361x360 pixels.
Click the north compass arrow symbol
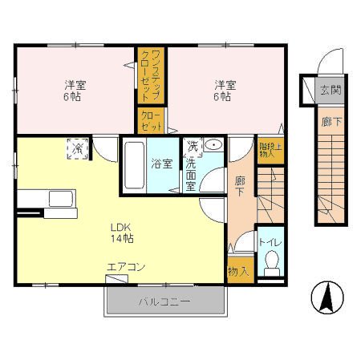point(327,297)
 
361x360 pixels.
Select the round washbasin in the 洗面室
point(213,145)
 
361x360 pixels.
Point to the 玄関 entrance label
point(331,90)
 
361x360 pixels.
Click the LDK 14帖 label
point(122,233)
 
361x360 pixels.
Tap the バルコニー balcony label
point(164,302)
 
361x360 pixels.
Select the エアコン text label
point(126,267)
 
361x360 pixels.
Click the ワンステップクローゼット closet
point(151,75)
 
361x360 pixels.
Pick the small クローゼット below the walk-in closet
point(152,120)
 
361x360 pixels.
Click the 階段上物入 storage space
point(270,150)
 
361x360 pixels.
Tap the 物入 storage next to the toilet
point(240,270)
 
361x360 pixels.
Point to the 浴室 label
point(162,164)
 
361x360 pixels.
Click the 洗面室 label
point(191,175)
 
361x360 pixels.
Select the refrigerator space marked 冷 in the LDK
point(78,148)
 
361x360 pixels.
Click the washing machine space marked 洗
point(193,148)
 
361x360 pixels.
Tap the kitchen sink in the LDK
point(61,199)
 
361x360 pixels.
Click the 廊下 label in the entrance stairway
point(331,122)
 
